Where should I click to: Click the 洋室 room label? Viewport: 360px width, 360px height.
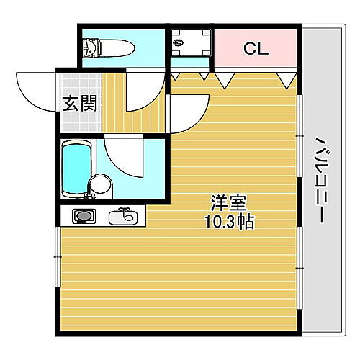click(223, 202)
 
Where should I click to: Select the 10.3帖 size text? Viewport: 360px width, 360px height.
click(230, 222)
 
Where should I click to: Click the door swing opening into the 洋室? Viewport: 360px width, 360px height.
click(189, 115)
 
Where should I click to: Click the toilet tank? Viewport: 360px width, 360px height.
click(89, 48)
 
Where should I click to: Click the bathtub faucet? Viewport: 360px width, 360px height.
click(91, 192)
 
